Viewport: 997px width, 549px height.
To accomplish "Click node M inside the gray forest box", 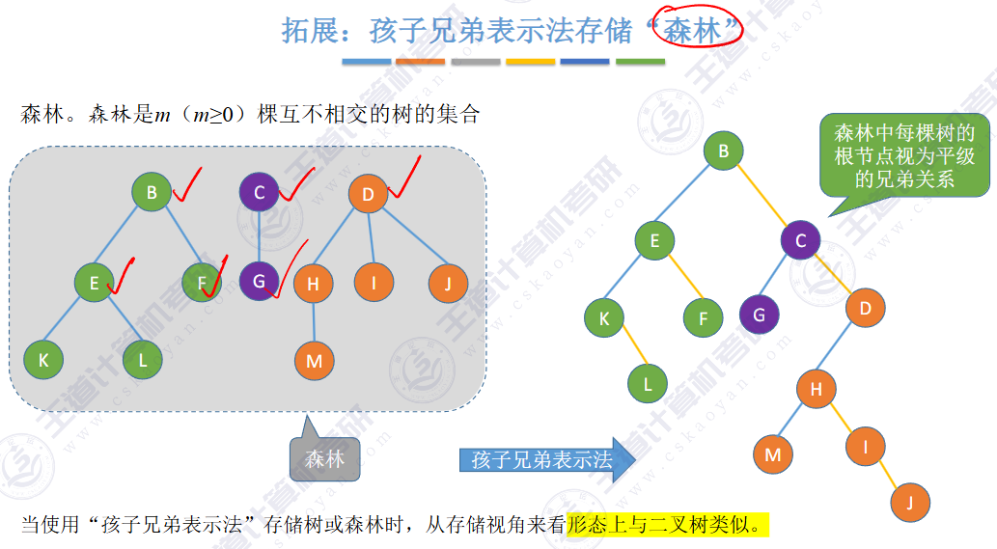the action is click(314, 361).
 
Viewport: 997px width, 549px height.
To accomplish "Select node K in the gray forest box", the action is click(42, 359).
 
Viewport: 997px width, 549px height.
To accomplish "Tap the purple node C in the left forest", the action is click(259, 193).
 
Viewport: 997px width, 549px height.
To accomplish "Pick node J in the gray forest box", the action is click(448, 283).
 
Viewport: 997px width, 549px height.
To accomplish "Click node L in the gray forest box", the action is click(143, 359).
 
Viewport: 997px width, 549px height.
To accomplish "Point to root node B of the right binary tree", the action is click(723, 150).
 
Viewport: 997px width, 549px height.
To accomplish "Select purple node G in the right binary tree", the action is click(760, 314).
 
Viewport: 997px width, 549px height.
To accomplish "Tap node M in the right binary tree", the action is click(772, 453).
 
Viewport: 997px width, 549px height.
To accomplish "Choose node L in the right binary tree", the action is click(648, 384).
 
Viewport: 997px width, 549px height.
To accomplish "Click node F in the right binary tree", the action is click(703, 317).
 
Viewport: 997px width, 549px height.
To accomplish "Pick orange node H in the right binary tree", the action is click(816, 390).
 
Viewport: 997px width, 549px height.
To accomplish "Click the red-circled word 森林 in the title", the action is click(697, 31).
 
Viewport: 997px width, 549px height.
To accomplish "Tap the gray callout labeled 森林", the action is click(324, 459).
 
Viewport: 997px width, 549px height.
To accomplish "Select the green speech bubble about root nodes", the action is click(903, 154).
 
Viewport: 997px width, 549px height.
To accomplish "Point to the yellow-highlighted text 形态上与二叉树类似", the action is click(668, 525).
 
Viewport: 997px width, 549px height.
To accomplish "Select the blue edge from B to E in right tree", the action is click(688, 196).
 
